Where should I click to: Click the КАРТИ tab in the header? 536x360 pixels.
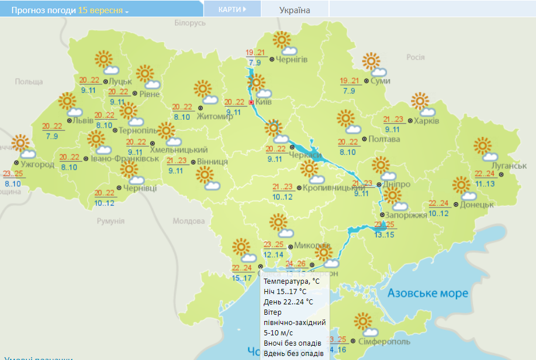[x=232, y=9]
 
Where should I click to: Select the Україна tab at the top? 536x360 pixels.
[x=295, y=10]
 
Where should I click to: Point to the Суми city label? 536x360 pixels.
[x=380, y=81]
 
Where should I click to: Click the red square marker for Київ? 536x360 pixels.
[x=251, y=103]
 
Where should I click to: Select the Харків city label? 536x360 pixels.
[x=426, y=121]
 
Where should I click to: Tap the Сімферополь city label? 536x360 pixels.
[x=384, y=342]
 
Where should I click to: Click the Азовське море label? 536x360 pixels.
[x=428, y=294]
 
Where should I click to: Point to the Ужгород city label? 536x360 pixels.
[x=38, y=165]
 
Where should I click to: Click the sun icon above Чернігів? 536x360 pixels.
[x=281, y=40]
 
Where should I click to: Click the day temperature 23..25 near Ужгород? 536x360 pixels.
[x=14, y=174]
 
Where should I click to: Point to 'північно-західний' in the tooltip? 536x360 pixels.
[x=295, y=322]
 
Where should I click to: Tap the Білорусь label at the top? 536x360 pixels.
[x=190, y=23]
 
